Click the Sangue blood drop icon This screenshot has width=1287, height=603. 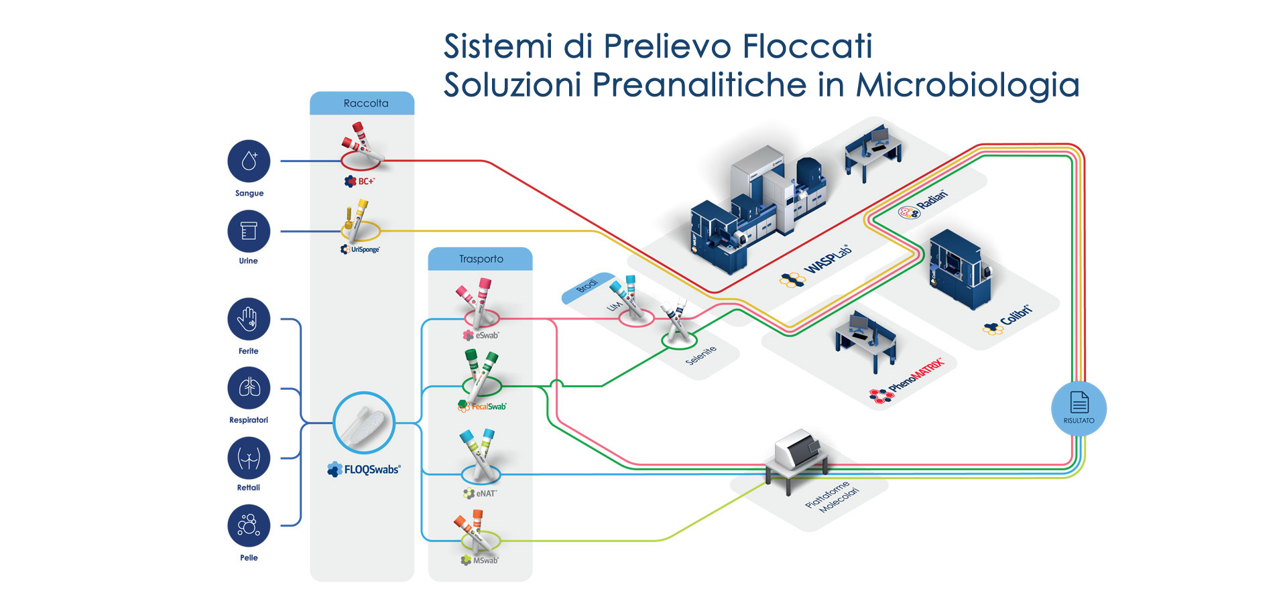tap(249, 161)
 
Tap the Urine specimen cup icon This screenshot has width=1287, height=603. tap(249, 231)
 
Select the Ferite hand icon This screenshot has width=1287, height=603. tap(249, 319)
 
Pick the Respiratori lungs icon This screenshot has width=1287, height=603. tap(249, 388)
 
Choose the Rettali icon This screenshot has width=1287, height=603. tap(249, 458)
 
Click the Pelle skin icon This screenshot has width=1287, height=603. tap(249, 526)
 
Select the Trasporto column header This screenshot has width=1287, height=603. tap(481, 259)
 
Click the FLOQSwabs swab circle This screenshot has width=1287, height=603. tap(364, 423)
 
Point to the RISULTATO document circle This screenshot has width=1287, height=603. tap(1079, 409)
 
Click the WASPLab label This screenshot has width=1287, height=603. tap(816, 267)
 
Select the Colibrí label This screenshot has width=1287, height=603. tap(1008, 320)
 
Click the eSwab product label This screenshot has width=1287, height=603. tap(481, 335)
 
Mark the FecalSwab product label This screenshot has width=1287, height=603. tap(483, 406)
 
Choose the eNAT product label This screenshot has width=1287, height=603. tap(480, 493)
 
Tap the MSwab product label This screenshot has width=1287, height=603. tap(480, 560)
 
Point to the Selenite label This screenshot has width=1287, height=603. tap(701, 355)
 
